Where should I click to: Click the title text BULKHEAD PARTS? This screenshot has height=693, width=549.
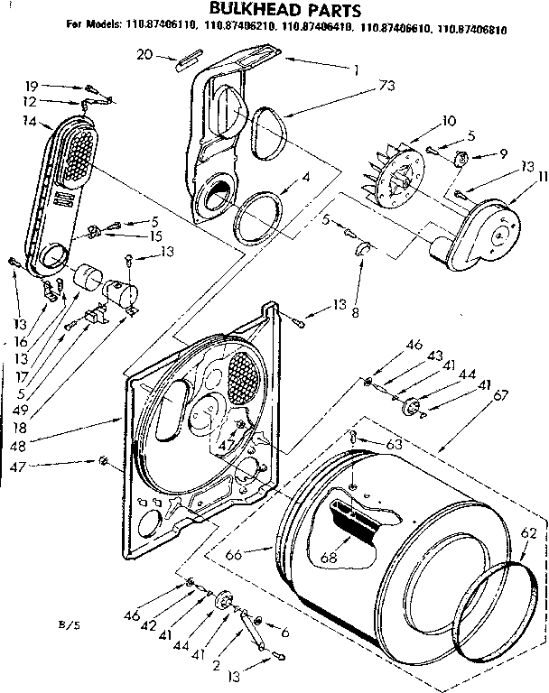(x=275, y=11)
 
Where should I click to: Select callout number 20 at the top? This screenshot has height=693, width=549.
(x=144, y=55)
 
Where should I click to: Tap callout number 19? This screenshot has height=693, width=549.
(x=29, y=87)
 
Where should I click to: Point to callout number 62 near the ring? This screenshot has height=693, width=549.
(x=528, y=533)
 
